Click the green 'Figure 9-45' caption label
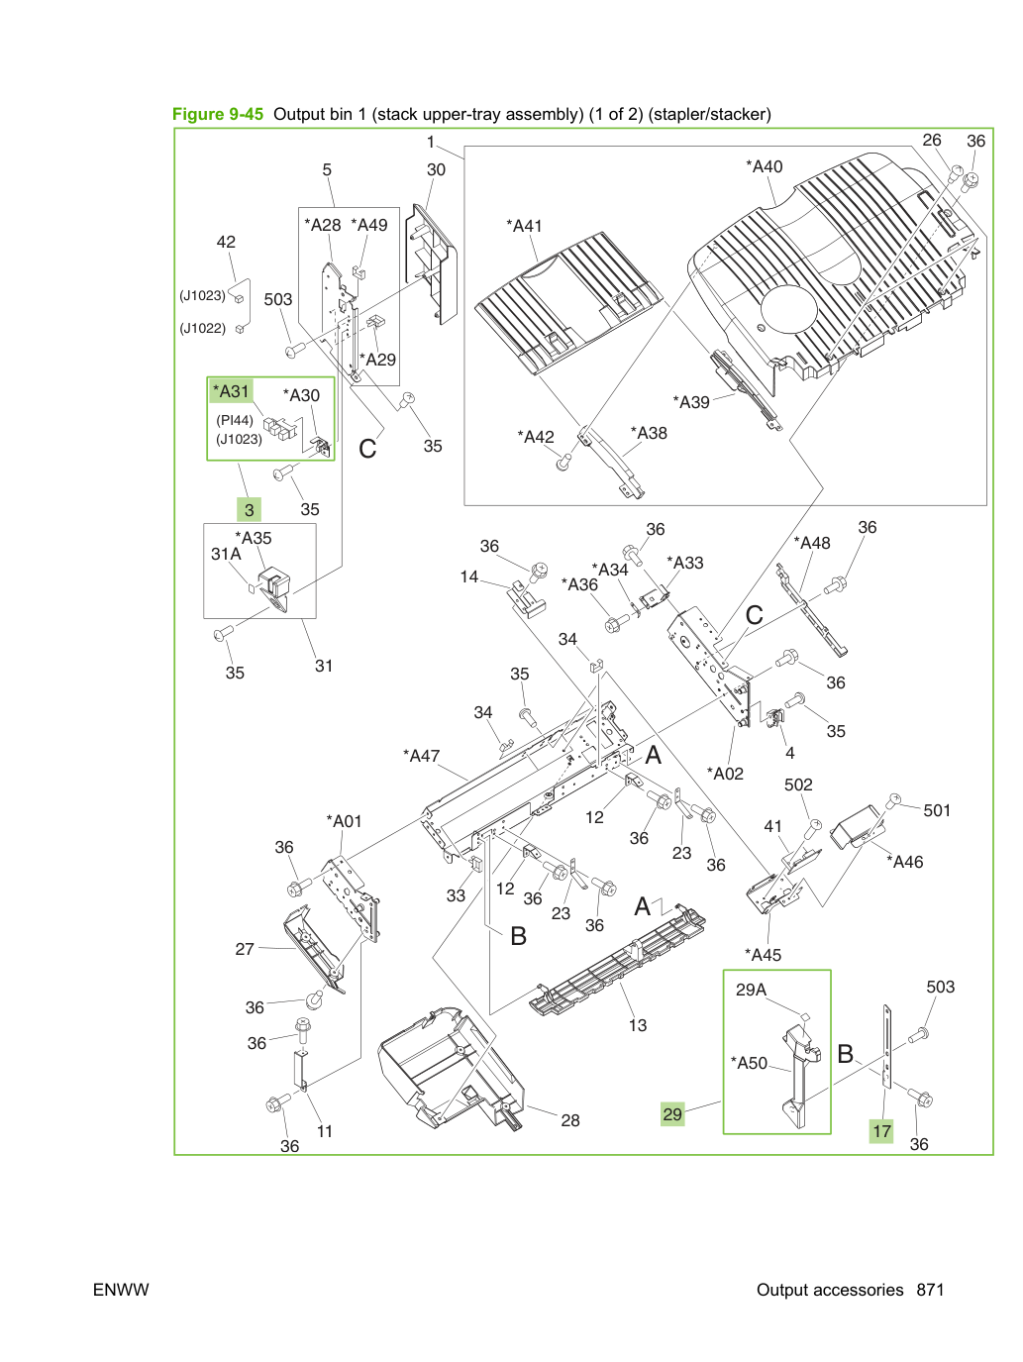pos(218,114)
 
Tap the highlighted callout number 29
pos(672,1113)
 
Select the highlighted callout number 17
pos(881,1131)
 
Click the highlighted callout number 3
pos(249,510)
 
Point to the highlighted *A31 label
pos(231,391)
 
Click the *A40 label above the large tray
pos(765,166)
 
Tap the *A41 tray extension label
pos(524,226)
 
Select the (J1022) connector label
pos(203,328)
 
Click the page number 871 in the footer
pos(930,1290)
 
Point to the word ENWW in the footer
pos(121,1290)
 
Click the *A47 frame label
pos(422,756)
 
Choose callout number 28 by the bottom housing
pos(570,1120)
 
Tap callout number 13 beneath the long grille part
pos(638,1025)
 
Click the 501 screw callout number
pos(937,810)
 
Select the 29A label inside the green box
pos(752,990)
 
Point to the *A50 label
pos(750,1063)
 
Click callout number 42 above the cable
pos(226,242)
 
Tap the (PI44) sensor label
pos(235,420)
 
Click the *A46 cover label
pos(905,862)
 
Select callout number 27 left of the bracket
pos(245,949)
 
